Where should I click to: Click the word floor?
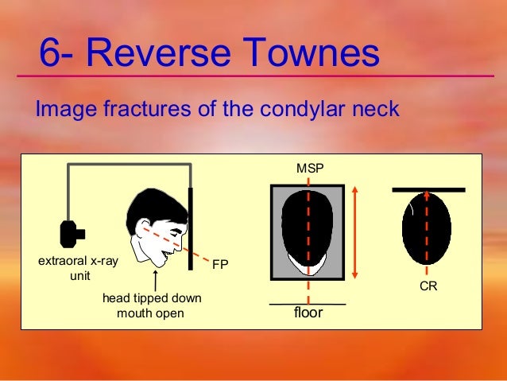[x=308, y=313]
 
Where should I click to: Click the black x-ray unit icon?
[x=71, y=232]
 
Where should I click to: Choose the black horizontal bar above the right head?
[x=428, y=189]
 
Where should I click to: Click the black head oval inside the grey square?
[x=307, y=227]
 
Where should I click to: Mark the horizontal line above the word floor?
[x=308, y=304]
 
